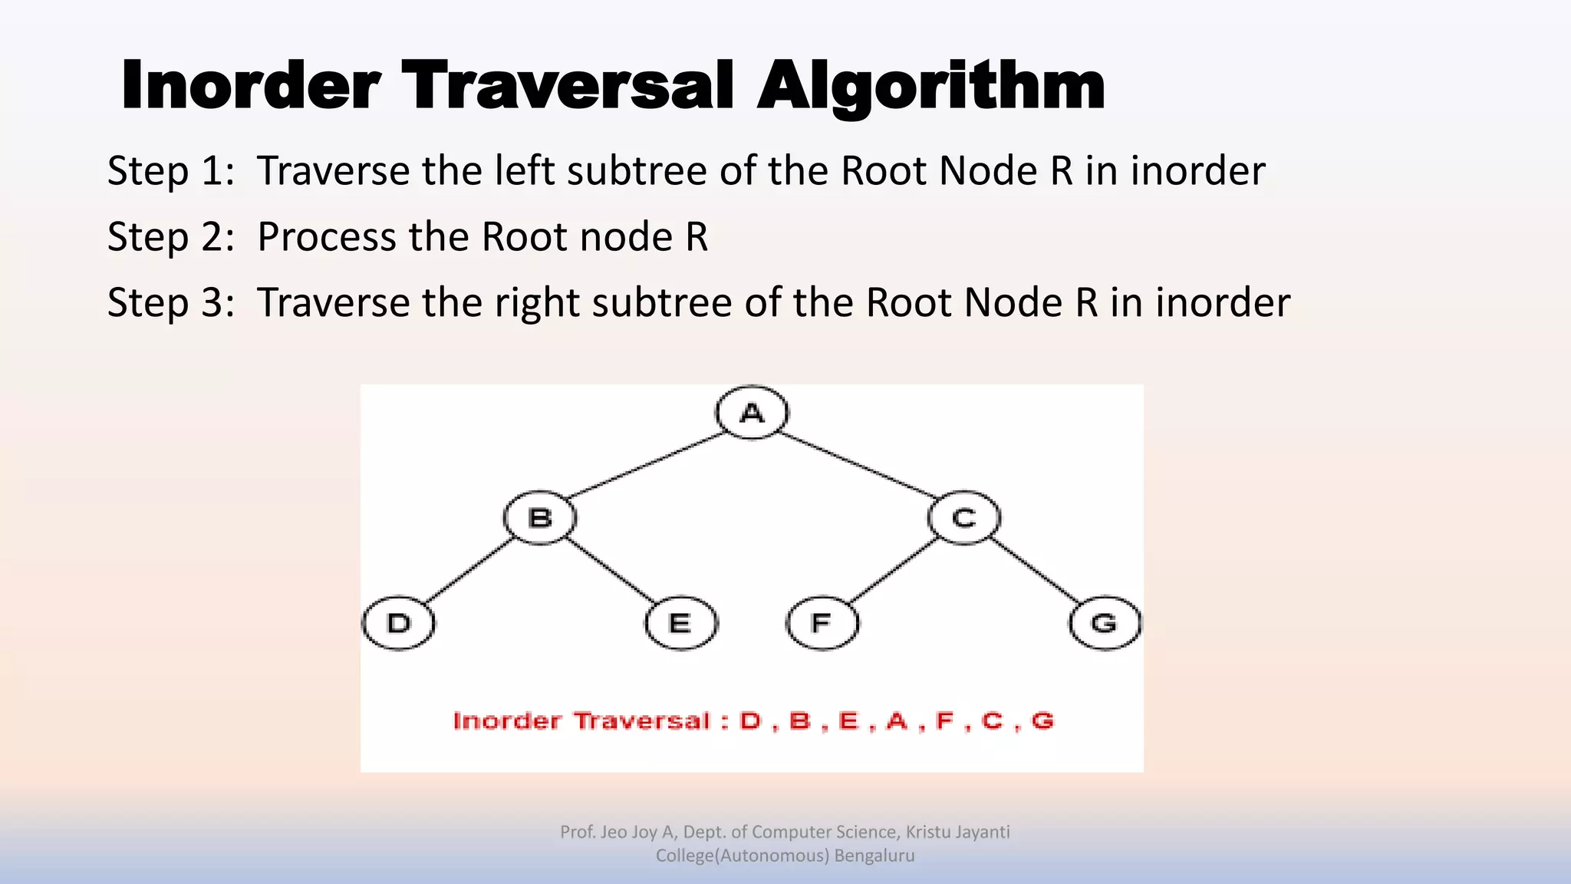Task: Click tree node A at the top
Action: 752,413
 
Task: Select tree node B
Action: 540,518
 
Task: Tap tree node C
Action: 963,518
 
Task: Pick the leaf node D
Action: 399,622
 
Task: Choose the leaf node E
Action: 680,622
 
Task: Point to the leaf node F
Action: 822,622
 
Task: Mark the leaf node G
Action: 1105,622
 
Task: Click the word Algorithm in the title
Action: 930,86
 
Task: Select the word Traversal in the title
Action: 568,86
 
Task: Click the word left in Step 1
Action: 524,170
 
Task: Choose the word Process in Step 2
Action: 326,236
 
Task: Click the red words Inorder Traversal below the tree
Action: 581,721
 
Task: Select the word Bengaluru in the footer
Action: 874,856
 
